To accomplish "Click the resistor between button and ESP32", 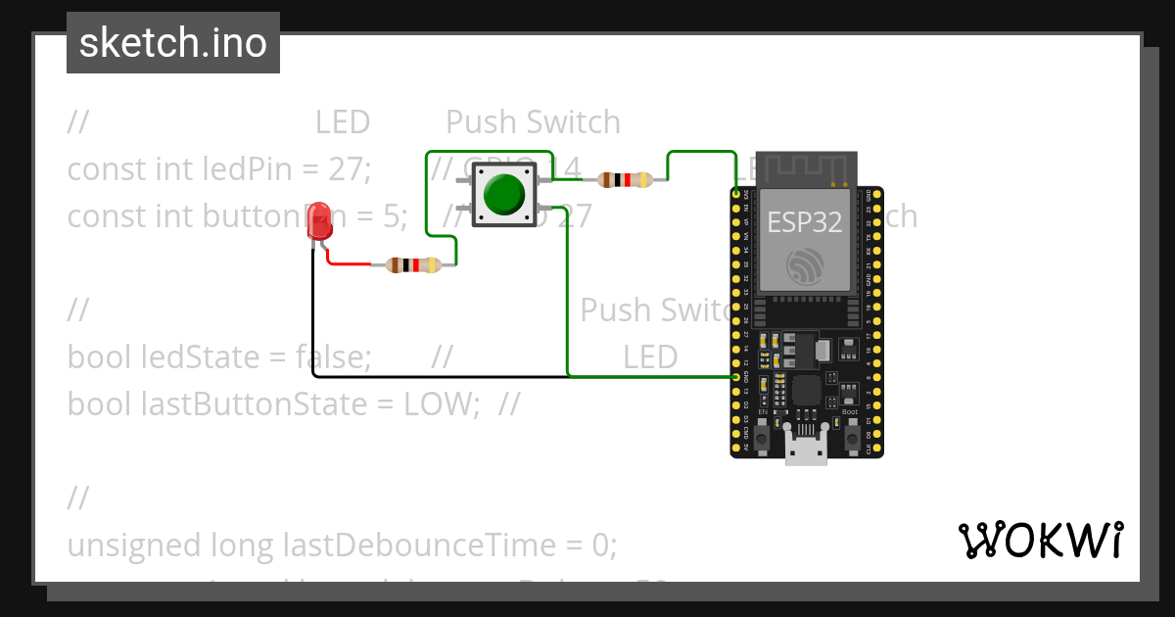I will coord(625,180).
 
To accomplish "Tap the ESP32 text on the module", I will coord(804,221).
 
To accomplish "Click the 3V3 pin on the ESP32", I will coord(737,196).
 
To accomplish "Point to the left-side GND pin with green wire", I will coord(736,376).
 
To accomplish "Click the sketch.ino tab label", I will coord(173,43).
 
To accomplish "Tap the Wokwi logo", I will coord(1040,540).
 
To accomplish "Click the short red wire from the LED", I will coord(347,262).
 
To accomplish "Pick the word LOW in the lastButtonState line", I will coord(440,403).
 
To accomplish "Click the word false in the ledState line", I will coord(332,357).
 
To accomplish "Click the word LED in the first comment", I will coord(342,122).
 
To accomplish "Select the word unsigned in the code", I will coord(124,545).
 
